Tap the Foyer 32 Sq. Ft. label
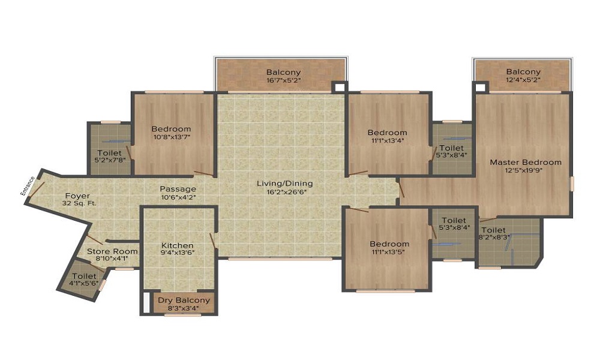click(x=77, y=200)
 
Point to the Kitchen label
click(x=178, y=249)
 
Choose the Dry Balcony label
click(x=184, y=304)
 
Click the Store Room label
click(x=112, y=255)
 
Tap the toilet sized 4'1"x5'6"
click(x=83, y=279)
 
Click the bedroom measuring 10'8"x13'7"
click(x=171, y=133)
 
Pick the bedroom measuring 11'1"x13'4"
click(x=387, y=136)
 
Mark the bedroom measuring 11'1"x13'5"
click(x=389, y=248)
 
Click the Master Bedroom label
click(x=526, y=166)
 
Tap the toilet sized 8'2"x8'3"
click(x=493, y=233)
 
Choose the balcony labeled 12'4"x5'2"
click(x=523, y=76)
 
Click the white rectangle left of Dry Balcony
click(x=146, y=303)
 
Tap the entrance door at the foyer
click(x=36, y=190)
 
